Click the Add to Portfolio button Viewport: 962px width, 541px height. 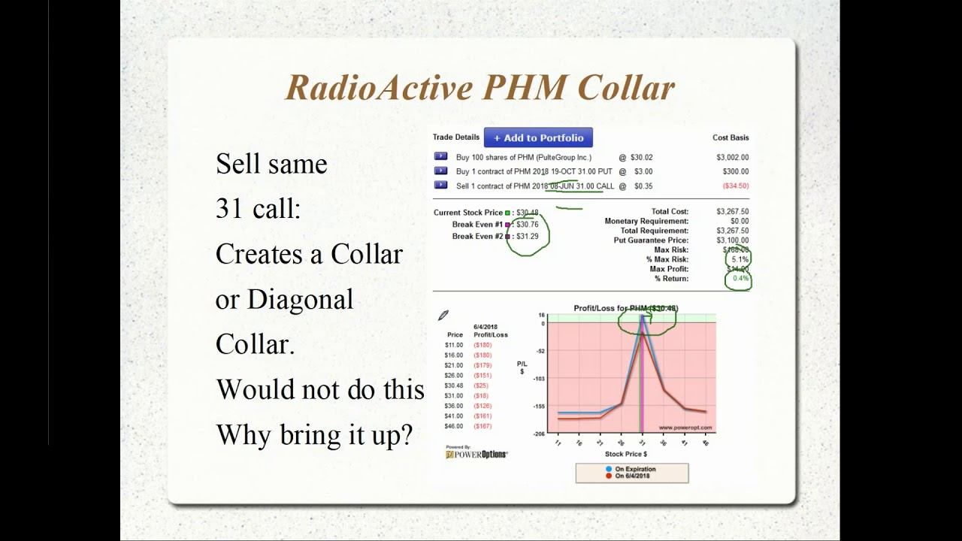point(538,138)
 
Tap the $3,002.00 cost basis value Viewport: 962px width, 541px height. point(732,158)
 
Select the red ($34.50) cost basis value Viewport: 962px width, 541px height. point(735,186)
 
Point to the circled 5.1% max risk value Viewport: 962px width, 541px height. point(739,259)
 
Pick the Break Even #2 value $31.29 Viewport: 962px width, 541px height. point(527,236)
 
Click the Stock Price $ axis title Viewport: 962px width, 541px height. point(625,454)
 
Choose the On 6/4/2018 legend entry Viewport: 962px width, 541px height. point(633,476)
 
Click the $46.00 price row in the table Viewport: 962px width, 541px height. point(454,426)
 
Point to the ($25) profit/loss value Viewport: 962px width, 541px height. point(480,385)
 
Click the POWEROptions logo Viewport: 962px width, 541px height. point(476,454)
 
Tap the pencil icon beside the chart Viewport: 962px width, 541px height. point(443,316)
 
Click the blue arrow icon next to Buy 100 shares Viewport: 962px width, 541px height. point(440,157)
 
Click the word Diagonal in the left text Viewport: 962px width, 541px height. point(300,299)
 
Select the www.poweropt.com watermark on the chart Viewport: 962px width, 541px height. point(685,428)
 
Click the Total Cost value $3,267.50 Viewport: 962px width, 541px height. point(732,212)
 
